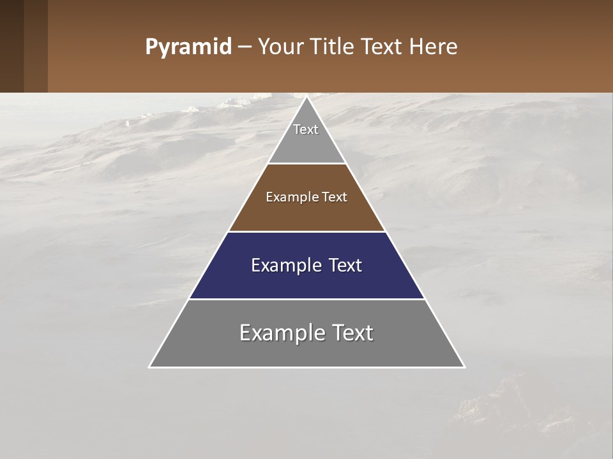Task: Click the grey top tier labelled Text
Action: click(306, 143)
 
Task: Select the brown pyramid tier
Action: click(306, 214)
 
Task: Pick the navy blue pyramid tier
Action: click(306, 280)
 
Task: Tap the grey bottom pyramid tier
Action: click(306, 351)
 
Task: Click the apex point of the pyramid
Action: click(306, 98)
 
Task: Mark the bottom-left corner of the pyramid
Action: click(150, 367)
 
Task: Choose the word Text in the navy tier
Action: click(342, 265)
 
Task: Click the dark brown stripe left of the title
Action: click(12, 46)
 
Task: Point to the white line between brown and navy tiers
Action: click(306, 231)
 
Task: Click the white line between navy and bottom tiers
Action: click(306, 299)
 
